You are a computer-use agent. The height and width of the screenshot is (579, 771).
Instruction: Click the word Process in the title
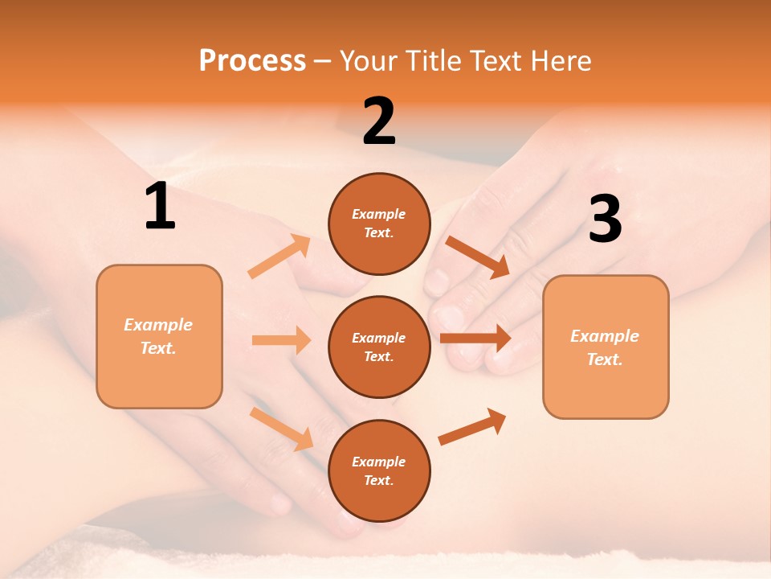[x=252, y=60]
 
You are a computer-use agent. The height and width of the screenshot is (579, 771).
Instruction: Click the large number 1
[x=160, y=207]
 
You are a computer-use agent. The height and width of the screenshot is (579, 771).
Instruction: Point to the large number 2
[x=379, y=121]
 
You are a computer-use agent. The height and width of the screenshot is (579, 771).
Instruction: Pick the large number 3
[x=605, y=220]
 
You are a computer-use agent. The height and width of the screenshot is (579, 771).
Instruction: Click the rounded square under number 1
[x=159, y=336]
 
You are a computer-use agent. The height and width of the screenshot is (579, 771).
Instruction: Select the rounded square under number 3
[x=606, y=347]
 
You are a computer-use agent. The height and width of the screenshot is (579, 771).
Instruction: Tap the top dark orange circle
[x=379, y=224]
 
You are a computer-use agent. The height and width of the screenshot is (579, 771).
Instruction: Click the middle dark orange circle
[x=379, y=347]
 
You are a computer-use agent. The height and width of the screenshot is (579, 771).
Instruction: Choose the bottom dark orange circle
[x=379, y=470]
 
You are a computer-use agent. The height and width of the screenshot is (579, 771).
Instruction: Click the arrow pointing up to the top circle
[x=279, y=257]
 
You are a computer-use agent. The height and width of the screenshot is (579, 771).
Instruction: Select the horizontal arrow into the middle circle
[x=281, y=340]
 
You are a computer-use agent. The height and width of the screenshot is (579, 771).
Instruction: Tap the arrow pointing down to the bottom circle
[x=281, y=429]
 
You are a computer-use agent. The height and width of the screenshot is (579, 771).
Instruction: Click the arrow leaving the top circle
[x=477, y=257]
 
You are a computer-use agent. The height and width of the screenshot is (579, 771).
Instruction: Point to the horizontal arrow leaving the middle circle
[x=475, y=339]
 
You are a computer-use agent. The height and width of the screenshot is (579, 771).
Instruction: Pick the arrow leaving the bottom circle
[x=472, y=427]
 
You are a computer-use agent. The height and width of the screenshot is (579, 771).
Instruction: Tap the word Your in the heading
[x=369, y=60]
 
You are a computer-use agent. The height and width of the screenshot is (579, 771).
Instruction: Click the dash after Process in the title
[x=323, y=61]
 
